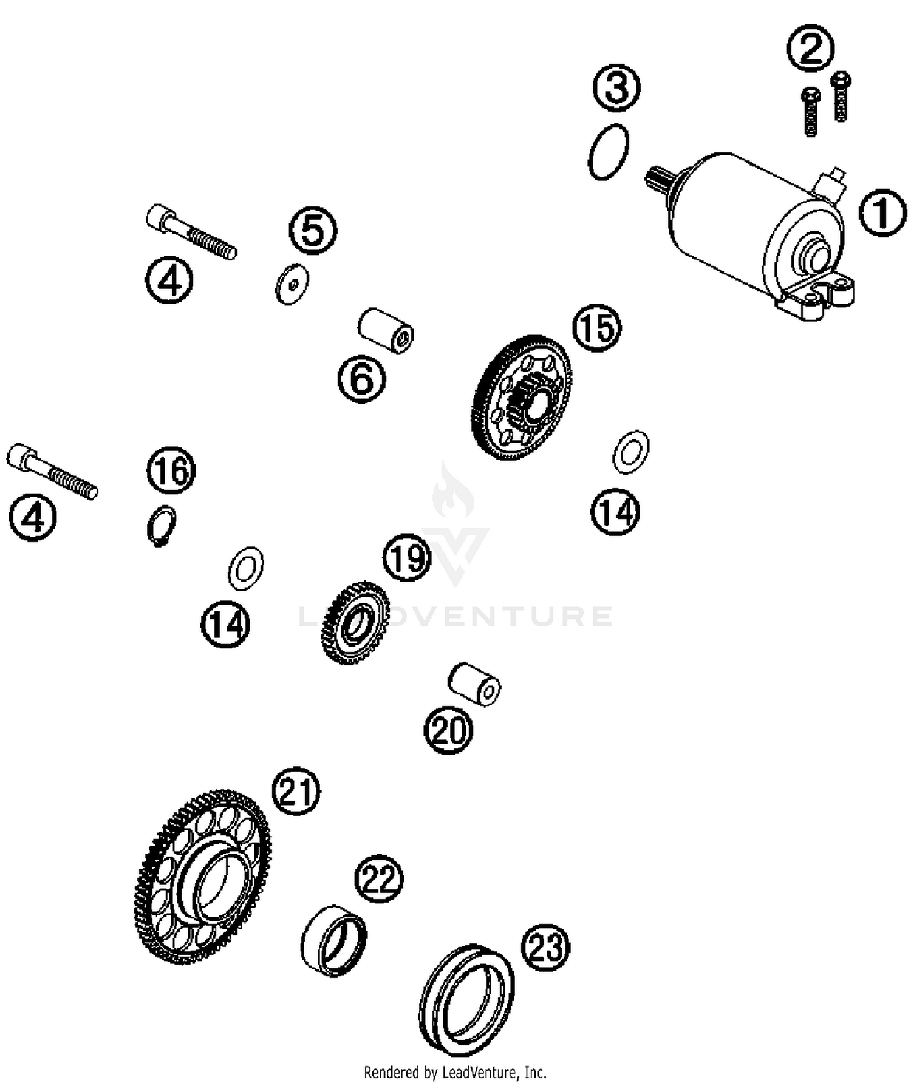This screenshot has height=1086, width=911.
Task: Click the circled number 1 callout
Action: coord(882,212)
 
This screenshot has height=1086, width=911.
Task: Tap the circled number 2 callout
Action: coord(810,49)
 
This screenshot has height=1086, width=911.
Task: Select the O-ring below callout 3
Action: coord(609,152)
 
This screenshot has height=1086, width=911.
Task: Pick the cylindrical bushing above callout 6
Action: coord(386,330)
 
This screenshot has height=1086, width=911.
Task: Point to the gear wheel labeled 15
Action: coord(521,397)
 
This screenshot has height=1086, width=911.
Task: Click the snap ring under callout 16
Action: coord(162,524)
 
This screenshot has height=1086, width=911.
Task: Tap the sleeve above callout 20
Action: coord(474,684)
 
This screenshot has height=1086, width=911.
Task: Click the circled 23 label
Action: coord(545,947)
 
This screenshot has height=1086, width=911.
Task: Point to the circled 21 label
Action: coord(296,791)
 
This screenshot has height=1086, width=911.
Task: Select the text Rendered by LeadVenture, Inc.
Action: coord(455,1072)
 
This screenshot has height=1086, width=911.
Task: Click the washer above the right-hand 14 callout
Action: coord(631,452)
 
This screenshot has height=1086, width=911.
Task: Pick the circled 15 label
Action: coord(596,328)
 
